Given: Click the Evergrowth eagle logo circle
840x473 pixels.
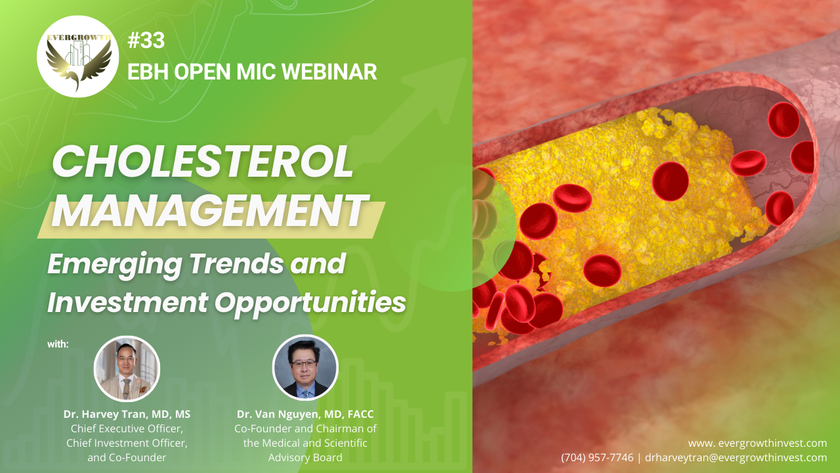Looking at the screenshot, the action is [77, 56].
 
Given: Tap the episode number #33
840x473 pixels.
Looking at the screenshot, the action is [146, 40].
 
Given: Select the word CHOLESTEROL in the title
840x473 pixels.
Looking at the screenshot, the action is [203, 161].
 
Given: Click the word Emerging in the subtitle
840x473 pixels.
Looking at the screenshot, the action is [115, 265].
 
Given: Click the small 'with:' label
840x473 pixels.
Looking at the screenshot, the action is [58, 344].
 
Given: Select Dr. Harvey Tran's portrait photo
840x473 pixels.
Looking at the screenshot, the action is [127, 369].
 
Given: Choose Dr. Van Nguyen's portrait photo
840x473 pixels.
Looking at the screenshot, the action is [305, 367].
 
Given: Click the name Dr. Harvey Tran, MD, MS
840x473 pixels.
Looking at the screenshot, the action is [127, 414].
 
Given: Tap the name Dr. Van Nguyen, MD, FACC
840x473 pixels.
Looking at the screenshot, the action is [305, 414].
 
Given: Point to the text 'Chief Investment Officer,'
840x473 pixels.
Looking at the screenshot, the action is [127, 443].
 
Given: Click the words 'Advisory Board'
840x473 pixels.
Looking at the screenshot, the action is [305, 458].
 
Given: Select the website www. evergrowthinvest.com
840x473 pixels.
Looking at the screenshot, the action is [757, 443].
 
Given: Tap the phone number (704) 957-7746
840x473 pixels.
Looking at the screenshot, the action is [597, 458].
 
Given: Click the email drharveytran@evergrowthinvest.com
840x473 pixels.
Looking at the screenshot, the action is [736, 458].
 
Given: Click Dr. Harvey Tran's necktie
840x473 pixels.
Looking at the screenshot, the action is [127, 388].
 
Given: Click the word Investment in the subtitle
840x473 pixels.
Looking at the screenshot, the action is [128, 303].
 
